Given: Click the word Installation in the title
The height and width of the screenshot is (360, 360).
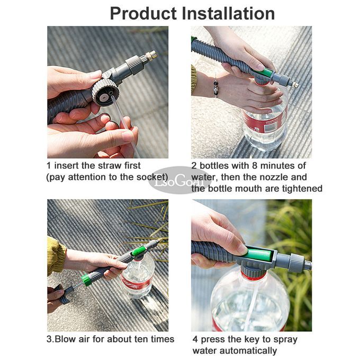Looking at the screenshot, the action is [x=228, y=14].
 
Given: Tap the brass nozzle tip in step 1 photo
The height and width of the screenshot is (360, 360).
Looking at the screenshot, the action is [x=151, y=56].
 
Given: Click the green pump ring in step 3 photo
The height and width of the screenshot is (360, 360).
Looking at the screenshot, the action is [x=86, y=280].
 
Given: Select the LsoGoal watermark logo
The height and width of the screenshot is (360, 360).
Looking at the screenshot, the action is [x=179, y=182].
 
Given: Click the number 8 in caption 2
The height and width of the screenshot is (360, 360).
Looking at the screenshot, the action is [x=255, y=166].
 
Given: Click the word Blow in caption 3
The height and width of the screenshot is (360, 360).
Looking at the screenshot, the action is [x=65, y=339].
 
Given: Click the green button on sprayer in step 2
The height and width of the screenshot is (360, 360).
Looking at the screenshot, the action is [x=266, y=73].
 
